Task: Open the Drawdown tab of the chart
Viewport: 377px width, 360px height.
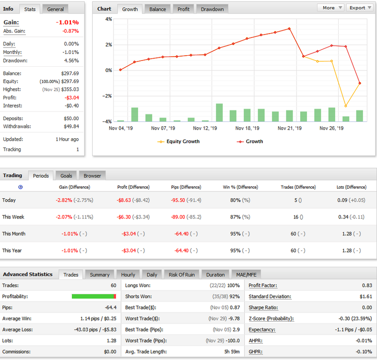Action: (212, 9)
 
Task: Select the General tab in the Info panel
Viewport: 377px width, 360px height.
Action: (55, 9)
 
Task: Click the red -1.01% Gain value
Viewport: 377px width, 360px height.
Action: (67, 23)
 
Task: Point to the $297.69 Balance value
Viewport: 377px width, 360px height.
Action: (70, 73)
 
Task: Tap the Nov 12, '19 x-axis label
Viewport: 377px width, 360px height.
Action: (205, 128)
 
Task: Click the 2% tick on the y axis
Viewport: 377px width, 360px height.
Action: (109, 45)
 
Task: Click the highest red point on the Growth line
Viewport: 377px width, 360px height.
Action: (289, 29)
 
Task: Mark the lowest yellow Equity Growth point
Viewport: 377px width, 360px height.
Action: (346, 106)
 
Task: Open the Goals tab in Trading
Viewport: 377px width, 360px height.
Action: (66, 176)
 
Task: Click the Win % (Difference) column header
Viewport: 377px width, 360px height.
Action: (240, 187)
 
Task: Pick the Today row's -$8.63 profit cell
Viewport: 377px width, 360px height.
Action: (124, 200)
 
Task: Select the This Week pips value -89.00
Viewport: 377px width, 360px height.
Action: (178, 217)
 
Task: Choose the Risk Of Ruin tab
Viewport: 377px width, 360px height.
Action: (181, 275)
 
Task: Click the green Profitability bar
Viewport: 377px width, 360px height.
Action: (93, 296)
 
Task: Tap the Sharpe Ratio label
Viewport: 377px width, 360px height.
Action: (263, 308)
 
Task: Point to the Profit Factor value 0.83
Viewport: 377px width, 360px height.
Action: (367, 286)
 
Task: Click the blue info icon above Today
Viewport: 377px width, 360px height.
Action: (21, 187)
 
